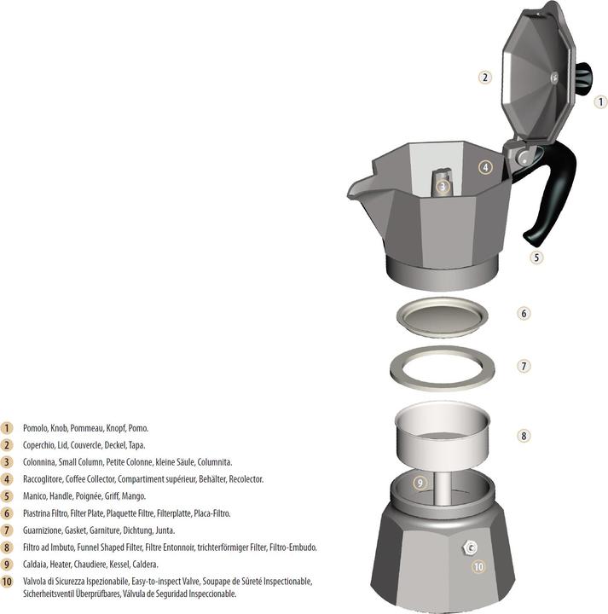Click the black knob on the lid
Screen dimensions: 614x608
tap(583, 79)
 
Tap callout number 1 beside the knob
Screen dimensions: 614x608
tap(600, 101)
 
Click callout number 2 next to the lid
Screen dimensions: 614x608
tap(484, 78)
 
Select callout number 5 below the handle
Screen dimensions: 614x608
tap(536, 256)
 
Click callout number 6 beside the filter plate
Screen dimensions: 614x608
tap(524, 313)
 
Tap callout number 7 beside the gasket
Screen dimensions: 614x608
tap(524, 366)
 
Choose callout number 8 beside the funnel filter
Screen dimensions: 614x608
tap(524, 436)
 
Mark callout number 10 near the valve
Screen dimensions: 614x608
tap(478, 565)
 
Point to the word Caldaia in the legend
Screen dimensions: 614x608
tap(36, 565)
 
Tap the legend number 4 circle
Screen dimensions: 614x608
tap(7, 479)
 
